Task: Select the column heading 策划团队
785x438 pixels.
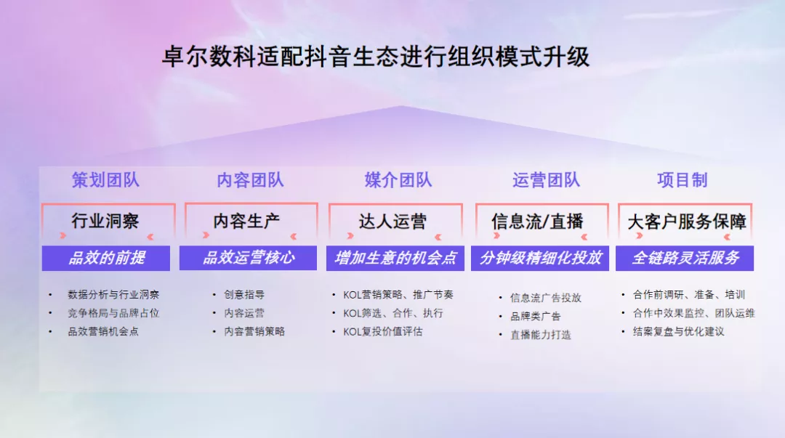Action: coord(105,180)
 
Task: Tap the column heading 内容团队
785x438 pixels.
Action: coord(250,180)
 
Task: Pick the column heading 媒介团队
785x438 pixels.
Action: coord(398,180)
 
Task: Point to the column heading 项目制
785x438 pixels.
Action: coord(682,180)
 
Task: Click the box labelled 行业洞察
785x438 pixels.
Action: coord(105,221)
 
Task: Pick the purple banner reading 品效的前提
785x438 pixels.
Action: coord(106,258)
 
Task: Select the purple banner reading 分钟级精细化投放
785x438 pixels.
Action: coord(540,258)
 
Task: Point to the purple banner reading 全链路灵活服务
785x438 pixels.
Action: coord(685,258)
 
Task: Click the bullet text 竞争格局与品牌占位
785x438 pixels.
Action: coord(113,313)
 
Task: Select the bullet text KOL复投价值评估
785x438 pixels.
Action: coord(382,331)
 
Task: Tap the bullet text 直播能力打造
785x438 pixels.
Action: coord(540,335)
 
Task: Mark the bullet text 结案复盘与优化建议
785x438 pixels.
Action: coord(678,331)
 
